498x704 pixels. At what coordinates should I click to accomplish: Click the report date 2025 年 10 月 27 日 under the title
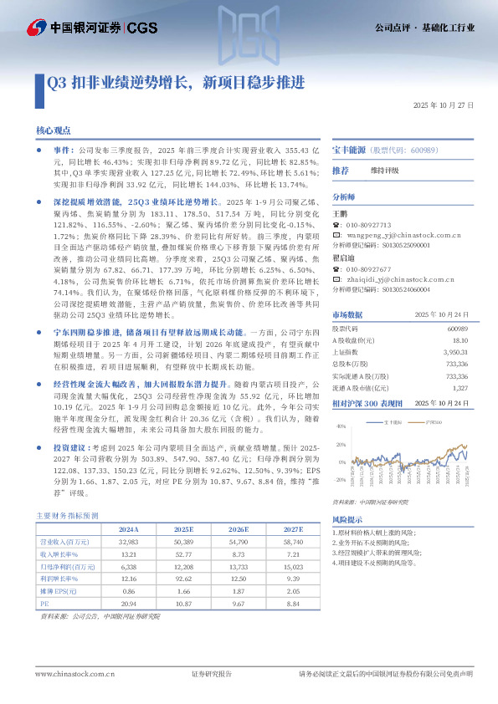[444, 106]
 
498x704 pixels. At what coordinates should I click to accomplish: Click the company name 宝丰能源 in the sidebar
[349, 148]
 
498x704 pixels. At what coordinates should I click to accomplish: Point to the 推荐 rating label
[341, 171]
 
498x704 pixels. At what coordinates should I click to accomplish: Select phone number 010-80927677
[368, 269]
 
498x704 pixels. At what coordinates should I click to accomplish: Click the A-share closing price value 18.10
[459, 340]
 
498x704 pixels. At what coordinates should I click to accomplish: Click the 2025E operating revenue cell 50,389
[182, 542]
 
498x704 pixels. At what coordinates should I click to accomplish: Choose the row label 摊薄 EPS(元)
[59, 589]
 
